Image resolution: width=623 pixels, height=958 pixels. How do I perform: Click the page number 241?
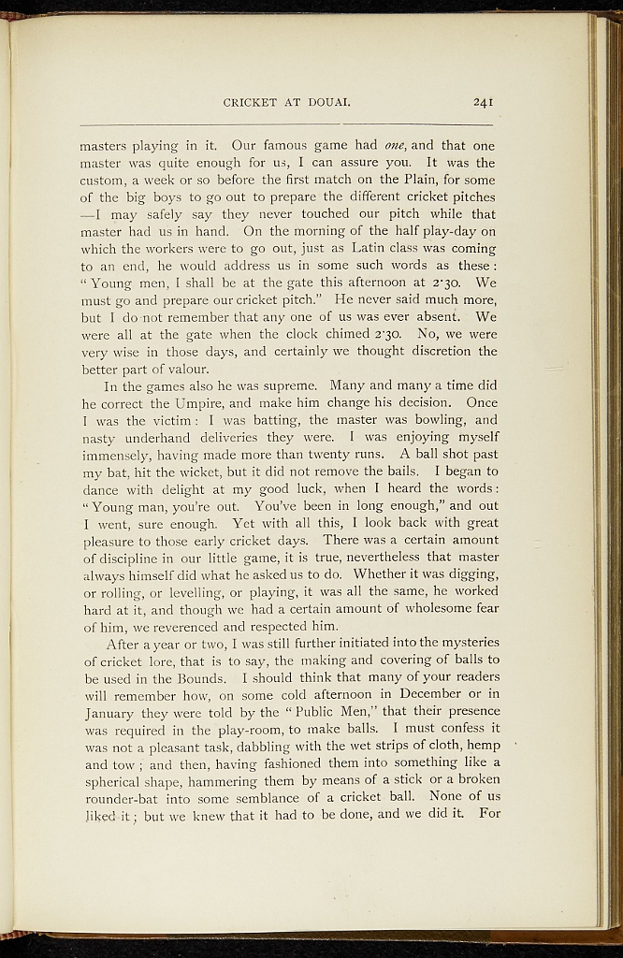(x=484, y=103)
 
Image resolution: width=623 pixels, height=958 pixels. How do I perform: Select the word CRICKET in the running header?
(x=249, y=103)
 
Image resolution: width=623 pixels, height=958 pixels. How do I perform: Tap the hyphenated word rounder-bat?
(x=124, y=797)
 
